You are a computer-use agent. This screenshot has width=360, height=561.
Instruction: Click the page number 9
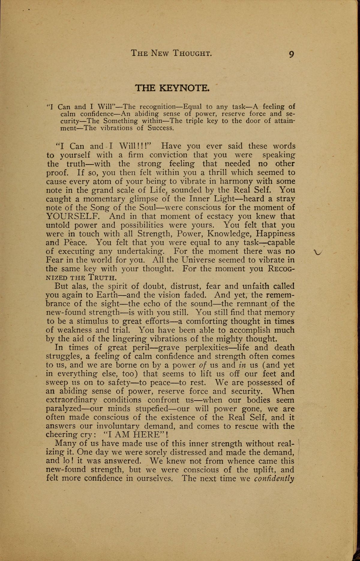291,54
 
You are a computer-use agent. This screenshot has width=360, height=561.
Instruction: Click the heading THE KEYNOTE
172,88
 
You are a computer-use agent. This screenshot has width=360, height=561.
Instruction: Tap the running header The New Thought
172,54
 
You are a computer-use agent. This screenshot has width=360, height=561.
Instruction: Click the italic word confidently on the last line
274,478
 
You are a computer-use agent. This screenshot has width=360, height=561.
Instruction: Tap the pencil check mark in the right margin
317,252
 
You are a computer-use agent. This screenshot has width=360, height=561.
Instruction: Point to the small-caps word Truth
95,277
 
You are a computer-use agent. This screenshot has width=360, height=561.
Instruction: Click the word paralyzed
64,409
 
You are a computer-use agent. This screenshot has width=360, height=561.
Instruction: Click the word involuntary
118,426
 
